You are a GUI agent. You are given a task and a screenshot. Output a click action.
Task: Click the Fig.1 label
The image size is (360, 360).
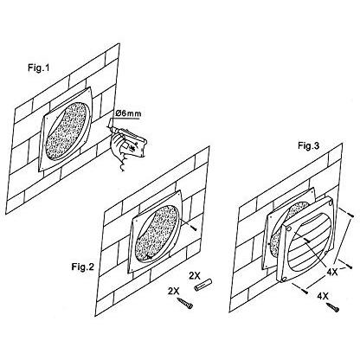tap(39, 68)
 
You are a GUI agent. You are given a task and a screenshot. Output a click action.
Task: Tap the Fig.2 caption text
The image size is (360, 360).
tap(83, 267)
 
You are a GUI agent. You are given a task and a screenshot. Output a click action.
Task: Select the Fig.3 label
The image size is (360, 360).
tap(309, 146)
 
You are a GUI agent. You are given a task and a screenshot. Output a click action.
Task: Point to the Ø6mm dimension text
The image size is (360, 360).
tap(128, 113)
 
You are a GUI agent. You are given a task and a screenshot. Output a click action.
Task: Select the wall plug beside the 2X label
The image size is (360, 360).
tap(203, 286)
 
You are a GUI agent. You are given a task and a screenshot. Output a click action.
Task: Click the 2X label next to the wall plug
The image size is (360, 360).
tap(195, 275)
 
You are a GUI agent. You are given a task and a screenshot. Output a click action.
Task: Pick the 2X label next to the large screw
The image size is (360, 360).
tap(174, 291)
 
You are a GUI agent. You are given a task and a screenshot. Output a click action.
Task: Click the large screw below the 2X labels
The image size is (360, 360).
tap(185, 304)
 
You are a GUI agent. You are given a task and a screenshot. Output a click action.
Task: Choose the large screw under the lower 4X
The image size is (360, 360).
tap(332, 307)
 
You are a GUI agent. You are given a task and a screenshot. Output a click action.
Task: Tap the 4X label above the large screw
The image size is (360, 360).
tap(323, 296)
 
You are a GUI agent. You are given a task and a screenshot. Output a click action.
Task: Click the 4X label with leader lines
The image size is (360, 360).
tap(331, 272)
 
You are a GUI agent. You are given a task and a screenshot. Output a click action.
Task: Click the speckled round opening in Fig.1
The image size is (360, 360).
tap(67, 130)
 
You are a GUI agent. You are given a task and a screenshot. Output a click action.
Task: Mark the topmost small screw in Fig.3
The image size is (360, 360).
tap(350, 215)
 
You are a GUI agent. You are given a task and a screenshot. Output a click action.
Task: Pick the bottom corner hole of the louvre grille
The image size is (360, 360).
tap(284, 279)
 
